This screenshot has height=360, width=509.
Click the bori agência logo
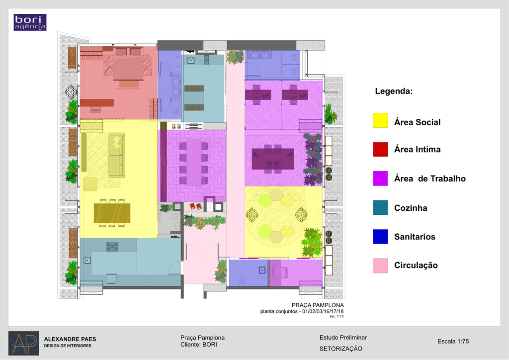pyautogui.click(x=30, y=22)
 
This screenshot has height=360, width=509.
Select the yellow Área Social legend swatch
pyautogui.click(x=380, y=120)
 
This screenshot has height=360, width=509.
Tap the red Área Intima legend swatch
pyautogui.click(x=380, y=149)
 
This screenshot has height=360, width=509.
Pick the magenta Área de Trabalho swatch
pyautogui.click(x=380, y=179)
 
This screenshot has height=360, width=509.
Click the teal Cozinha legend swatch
pyautogui.click(x=380, y=207)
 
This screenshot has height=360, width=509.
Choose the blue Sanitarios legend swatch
pyautogui.click(x=380, y=236)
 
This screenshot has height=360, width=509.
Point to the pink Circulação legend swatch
pyautogui.click(x=380, y=266)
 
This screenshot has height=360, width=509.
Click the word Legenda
pyautogui.click(x=394, y=91)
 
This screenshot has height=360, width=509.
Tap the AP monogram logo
pyautogui.click(x=24, y=343)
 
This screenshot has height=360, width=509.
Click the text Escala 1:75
pyautogui.click(x=453, y=341)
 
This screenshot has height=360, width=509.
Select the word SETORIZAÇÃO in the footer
pyautogui.click(x=340, y=349)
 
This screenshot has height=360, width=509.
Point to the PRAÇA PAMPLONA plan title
pyautogui.click(x=318, y=305)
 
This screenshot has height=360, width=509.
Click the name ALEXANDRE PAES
pyautogui.click(x=70, y=339)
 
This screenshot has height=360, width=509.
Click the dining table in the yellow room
pyautogui.click(x=112, y=213)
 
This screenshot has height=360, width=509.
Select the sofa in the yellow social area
pyautogui.click(x=116, y=155)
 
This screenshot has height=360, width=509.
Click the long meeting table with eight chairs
pyautogui.click(x=194, y=162)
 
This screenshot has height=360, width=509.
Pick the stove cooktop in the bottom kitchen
pyautogui.click(x=112, y=247)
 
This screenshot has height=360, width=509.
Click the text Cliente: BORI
pyautogui.click(x=199, y=345)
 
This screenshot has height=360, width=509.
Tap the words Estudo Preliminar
pyautogui.click(x=343, y=338)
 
